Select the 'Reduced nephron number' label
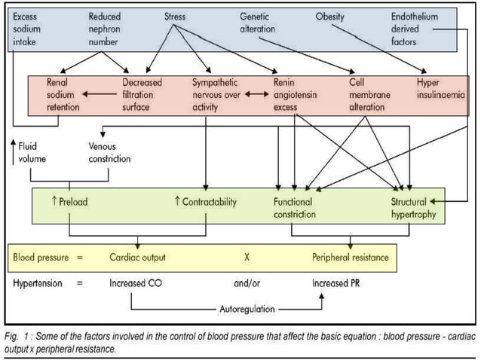[106, 29]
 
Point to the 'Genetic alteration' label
[259, 23]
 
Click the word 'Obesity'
[330, 17]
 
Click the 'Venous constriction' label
[109, 152]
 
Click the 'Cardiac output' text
[137, 258]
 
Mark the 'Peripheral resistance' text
[351, 258]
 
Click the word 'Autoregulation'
[247, 310]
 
